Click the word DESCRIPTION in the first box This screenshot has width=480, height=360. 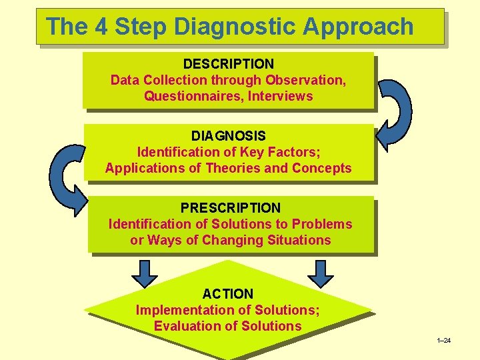tap(228, 64)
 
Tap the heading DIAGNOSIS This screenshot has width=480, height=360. tap(228, 136)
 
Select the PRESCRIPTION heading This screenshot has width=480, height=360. tap(230, 208)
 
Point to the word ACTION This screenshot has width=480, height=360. tap(228, 294)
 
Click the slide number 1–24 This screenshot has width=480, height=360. tap(443, 341)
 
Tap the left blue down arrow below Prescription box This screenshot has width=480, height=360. tap(145, 273)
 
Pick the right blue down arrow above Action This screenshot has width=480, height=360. tap(321, 273)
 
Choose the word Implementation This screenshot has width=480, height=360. tap(178, 310)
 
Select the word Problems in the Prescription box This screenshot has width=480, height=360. tap(323, 224)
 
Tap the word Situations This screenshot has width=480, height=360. tap(298, 240)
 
